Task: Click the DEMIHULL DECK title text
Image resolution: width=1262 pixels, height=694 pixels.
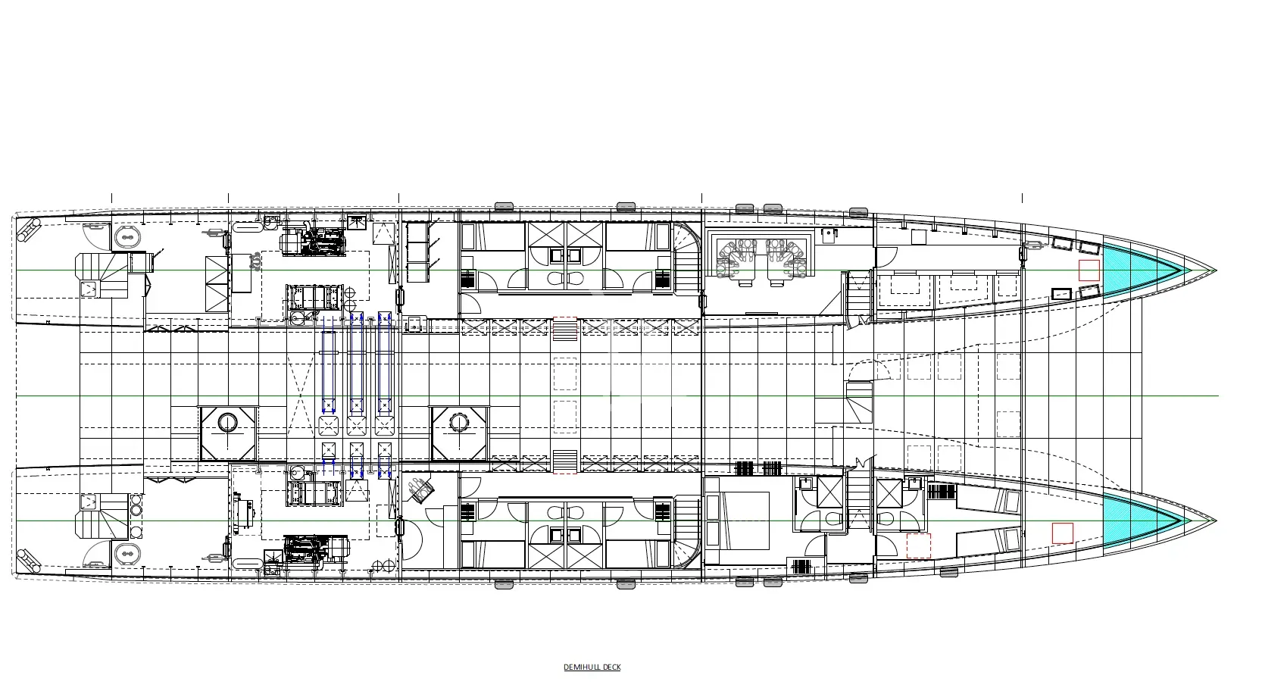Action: tap(592, 667)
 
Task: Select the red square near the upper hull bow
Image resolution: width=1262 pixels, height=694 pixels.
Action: tap(1089, 270)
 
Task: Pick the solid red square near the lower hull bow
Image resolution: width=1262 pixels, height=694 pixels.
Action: tap(1063, 533)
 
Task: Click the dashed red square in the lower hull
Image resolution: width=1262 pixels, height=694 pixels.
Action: tap(918, 546)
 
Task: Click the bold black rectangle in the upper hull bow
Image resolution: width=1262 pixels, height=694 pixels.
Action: tap(1061, 294)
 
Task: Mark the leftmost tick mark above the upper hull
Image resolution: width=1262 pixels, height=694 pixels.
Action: tap(111, 199)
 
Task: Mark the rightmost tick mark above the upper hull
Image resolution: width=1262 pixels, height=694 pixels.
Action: tap(1022, 199)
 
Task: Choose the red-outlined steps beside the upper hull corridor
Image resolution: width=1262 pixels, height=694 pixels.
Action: tap(564, 329)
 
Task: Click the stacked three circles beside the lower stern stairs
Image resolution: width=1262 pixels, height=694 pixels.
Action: tap(136, 510)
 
